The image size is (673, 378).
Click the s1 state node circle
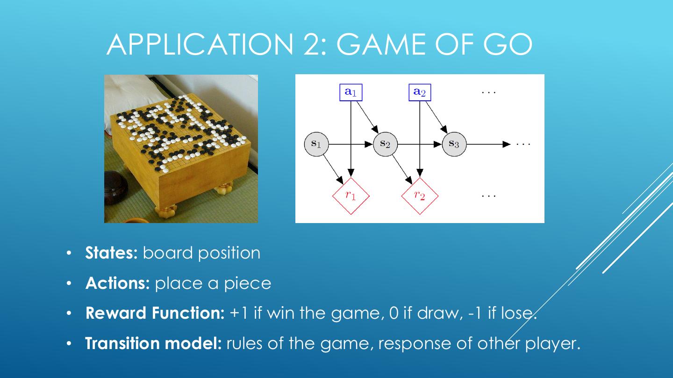coord(316,144)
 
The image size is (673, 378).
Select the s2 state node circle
coord(385,144)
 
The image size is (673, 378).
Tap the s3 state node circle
coord(454,144)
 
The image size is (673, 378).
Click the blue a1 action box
coord(351,92)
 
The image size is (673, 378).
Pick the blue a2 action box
coord(420,92)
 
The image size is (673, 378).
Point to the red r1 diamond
coord(351,196)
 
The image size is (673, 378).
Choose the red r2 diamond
coord(420,196)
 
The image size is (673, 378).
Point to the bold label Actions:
coord(117,283)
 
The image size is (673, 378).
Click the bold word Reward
coord(115,313)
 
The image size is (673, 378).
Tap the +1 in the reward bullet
coord(239,313)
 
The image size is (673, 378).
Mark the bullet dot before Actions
coord(69,284)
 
